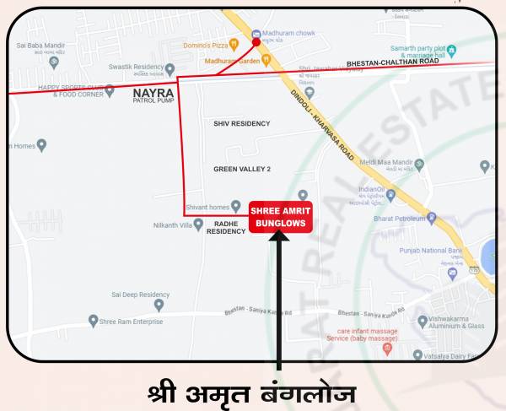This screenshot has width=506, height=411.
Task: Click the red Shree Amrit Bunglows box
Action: [x=282, y=215]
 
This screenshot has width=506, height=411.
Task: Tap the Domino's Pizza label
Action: [x=208, y=44]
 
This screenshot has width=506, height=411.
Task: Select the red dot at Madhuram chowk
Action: [x=256, y=41]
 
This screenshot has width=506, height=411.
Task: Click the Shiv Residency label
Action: [x=242, y=123]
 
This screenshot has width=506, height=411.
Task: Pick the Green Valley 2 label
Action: [x=242, y=169]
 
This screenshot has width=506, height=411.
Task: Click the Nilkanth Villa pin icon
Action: [x=199, y=224]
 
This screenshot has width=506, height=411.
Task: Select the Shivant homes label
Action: [x=207, y=208]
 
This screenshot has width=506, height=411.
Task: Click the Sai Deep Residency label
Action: [x=140, y=295]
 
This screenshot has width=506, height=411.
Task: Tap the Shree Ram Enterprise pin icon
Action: [x=94, y=321]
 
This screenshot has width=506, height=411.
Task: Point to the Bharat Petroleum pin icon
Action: [x=432, y=217]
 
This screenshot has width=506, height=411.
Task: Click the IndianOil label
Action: [x=372, y=190]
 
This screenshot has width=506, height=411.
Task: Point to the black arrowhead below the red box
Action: [x=279, y=237]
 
